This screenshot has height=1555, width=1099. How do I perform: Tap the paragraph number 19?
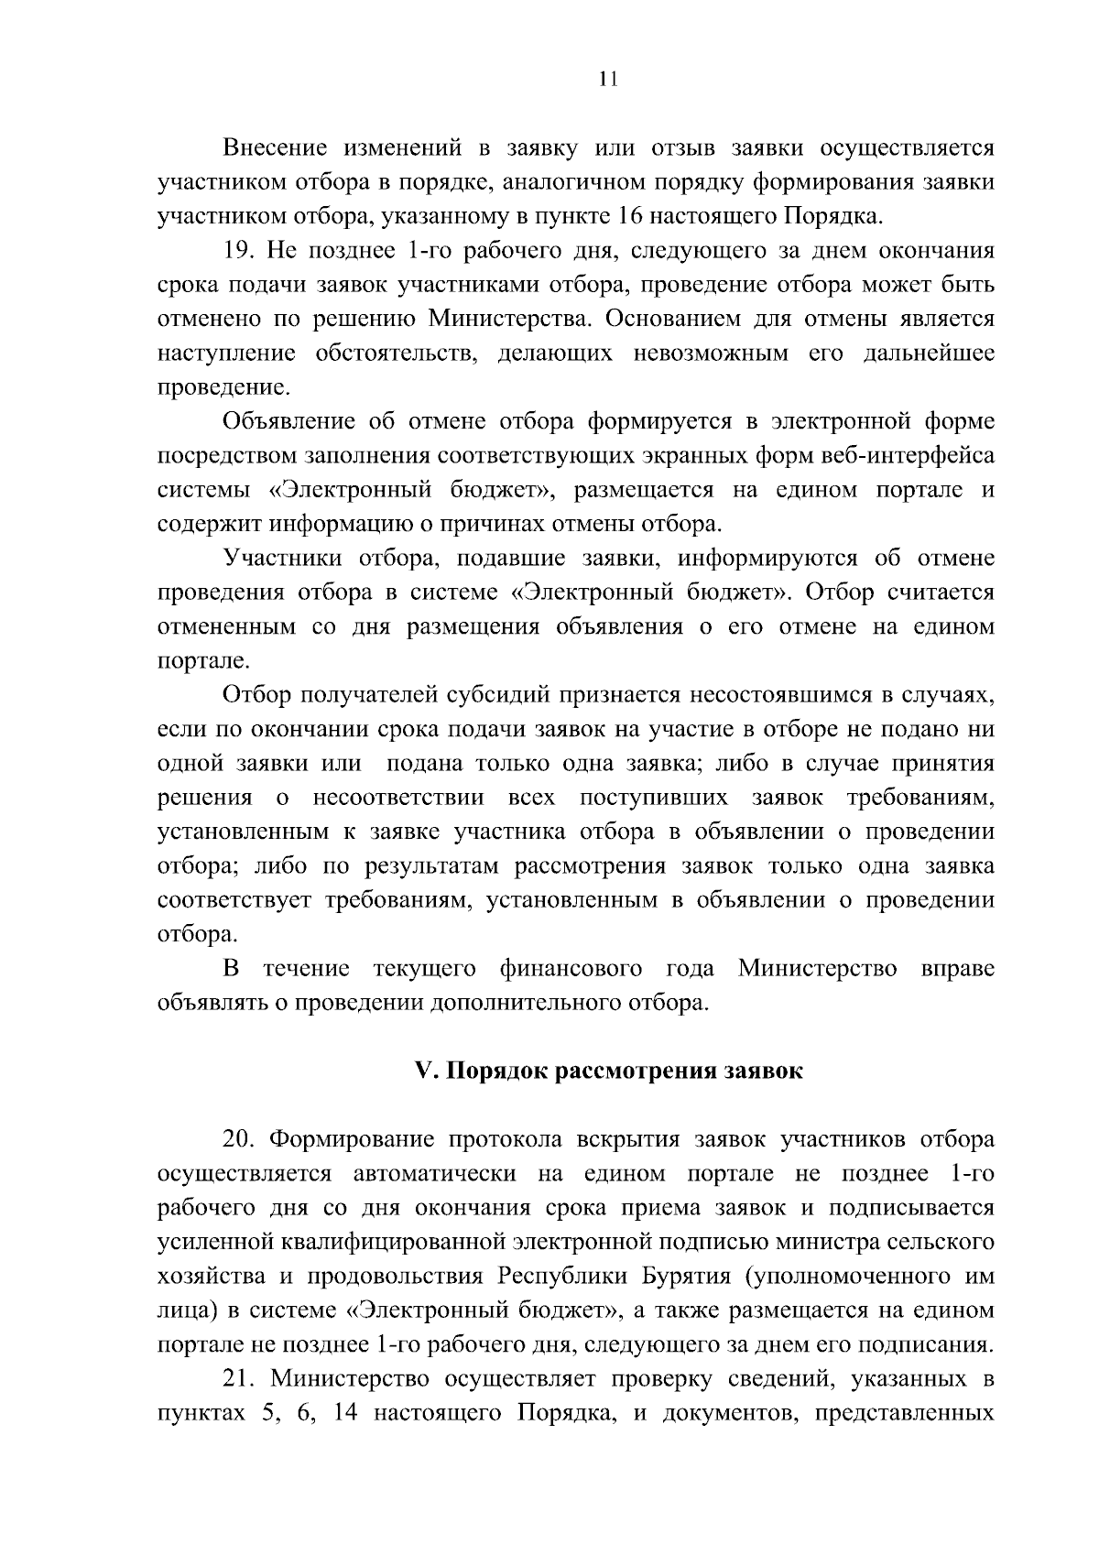coord(239,251)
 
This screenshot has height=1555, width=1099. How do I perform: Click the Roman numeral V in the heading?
coord(422,1071)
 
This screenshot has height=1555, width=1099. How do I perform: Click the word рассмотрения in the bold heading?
coord(639,1071)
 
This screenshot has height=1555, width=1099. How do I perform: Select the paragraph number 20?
coord(239,1140)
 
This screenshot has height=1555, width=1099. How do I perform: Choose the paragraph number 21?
coord(239,1379)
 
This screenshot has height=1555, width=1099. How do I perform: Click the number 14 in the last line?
coord(344,1413)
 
